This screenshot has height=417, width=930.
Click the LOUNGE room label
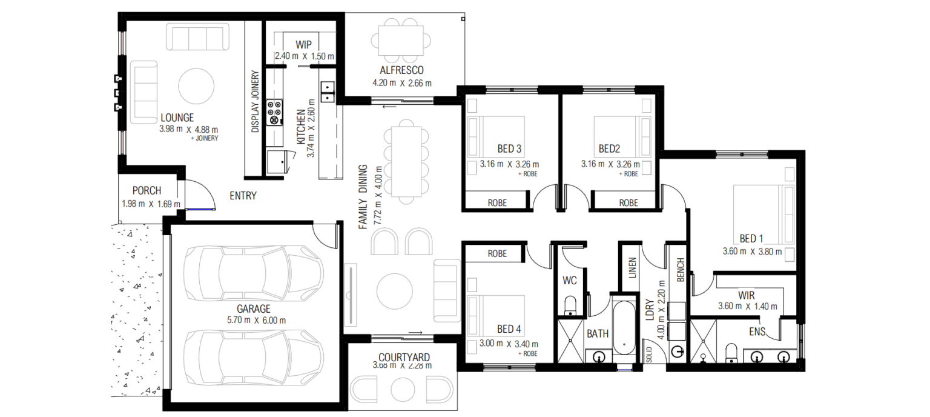click(177, 118)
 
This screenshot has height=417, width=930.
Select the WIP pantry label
click(304, 45)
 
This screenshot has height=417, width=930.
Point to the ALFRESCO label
click(401, 70)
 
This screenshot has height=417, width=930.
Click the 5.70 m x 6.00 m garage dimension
click(253, 321)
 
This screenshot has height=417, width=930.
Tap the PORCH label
click(147, 191)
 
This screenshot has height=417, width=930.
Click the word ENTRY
click(243, 196)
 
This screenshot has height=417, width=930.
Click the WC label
click(569, 281)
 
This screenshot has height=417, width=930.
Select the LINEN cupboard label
click(632, 267)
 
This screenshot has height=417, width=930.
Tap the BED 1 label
click(751, 238)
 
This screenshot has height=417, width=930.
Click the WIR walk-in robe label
click(746, 295)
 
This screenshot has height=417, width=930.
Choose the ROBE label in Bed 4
click(497, 253)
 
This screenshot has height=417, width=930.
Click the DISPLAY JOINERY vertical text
click(255, 101)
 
